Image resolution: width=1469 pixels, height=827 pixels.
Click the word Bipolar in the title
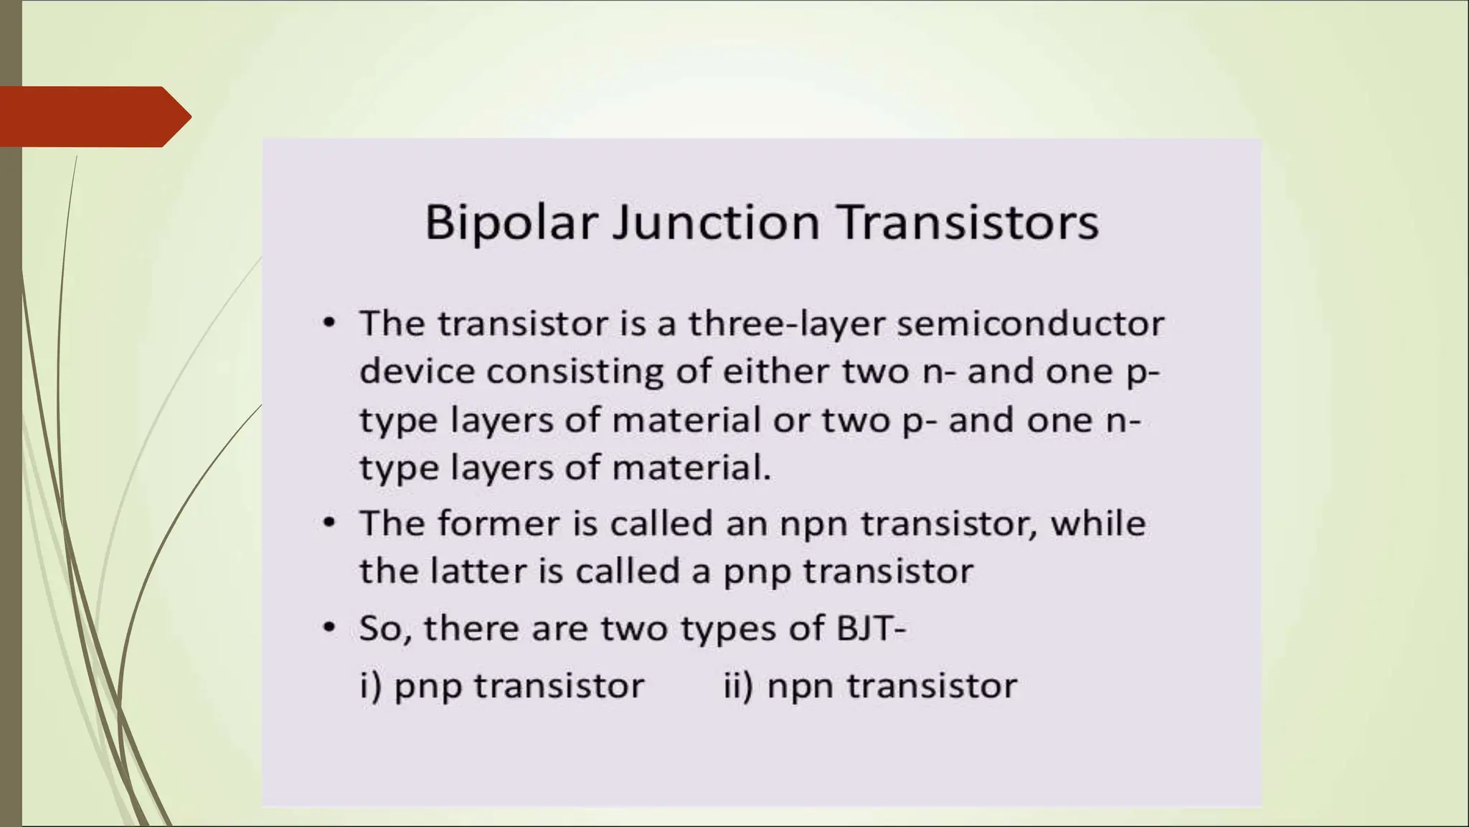[x=510, y=223]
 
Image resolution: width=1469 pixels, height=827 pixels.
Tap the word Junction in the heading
[x=715, y=223]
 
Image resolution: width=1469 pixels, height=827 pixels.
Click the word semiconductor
[x=1030, y=324]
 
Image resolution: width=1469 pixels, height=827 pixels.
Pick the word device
[x=416, y=372]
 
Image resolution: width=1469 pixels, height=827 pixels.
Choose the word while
[x=1098, y=523]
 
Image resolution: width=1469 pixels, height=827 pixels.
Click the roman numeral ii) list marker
[x=738, y=686]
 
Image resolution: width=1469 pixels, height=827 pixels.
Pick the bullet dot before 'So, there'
[x=329, y=627]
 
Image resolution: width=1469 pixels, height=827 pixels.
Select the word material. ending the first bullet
[x=691, y=468]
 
